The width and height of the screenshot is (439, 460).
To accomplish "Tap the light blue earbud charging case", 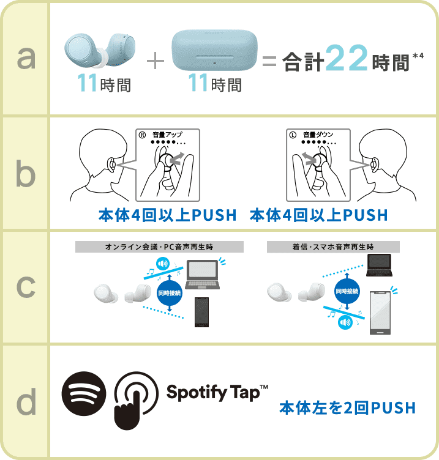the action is tap(214, 50).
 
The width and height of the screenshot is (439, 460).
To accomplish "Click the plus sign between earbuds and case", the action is tap(156, 61).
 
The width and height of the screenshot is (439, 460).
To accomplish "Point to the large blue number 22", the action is tap(347, 58).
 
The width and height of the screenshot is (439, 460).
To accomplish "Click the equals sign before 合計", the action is tap(269, 61).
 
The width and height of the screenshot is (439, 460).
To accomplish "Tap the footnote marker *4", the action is tap(418, 56).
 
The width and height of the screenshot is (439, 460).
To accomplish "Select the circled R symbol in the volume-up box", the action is tap(142, 135).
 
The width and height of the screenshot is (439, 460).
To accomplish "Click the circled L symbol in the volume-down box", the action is tap(293, 135).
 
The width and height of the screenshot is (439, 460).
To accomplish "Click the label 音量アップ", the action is tap(167, 135).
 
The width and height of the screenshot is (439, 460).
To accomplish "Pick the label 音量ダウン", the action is tap(318, 135).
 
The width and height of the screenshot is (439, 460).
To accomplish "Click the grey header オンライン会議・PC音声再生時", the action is tap(159, 247).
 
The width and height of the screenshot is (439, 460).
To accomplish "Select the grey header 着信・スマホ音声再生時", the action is tap(333, 247).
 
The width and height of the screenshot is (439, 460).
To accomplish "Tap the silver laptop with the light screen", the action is tap(202, 275).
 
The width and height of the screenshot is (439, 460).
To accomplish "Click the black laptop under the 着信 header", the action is tap(379, 265).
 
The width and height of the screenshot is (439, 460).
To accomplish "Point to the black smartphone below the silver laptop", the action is tap(201, 312).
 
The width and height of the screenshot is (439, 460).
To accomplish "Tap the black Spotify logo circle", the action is tap(84, 393).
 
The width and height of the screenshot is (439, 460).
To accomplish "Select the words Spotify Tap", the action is tap(214, 393).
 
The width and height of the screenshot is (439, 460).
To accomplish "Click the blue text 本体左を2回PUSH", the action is tap(347, 408).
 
